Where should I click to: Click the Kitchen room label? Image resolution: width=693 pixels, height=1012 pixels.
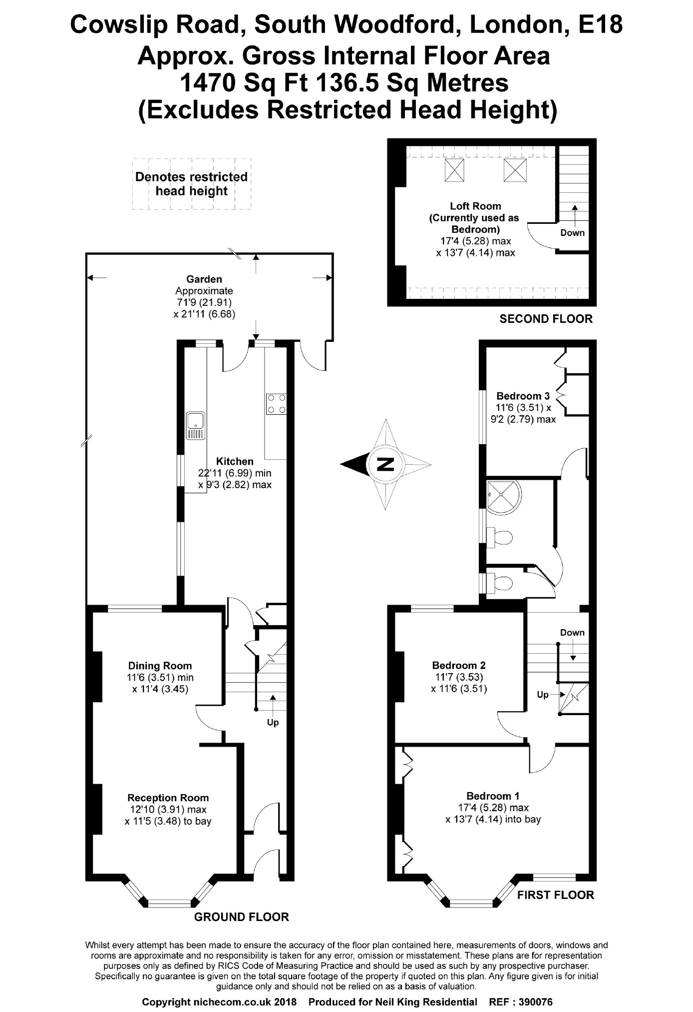coord(235,461)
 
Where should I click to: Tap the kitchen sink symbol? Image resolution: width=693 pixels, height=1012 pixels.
coord(195,425)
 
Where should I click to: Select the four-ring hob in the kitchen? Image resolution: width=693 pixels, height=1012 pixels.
coord(277,404)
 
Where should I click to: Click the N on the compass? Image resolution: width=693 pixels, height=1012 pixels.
coord(385,464)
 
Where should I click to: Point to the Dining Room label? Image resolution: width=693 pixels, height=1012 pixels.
coord(160,666)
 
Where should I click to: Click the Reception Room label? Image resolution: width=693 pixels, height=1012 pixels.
coord(168,798)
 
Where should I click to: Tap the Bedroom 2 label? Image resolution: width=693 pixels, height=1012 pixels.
coord(459,665)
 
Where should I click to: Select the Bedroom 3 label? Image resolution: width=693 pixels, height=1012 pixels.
coord(523,396)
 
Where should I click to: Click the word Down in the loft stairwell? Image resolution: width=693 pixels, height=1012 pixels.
coord(572,232)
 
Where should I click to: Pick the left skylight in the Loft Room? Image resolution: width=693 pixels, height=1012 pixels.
coord(454,170)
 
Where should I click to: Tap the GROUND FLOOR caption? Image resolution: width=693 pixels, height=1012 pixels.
coord(242,917)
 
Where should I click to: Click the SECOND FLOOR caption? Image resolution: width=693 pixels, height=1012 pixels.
coord(546,319)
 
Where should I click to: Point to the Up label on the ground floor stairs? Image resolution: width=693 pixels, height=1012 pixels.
coord(273,723)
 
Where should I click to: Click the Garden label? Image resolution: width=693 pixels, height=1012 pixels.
coord(204,279)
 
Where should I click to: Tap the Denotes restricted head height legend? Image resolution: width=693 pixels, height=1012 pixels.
coord(191,184)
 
